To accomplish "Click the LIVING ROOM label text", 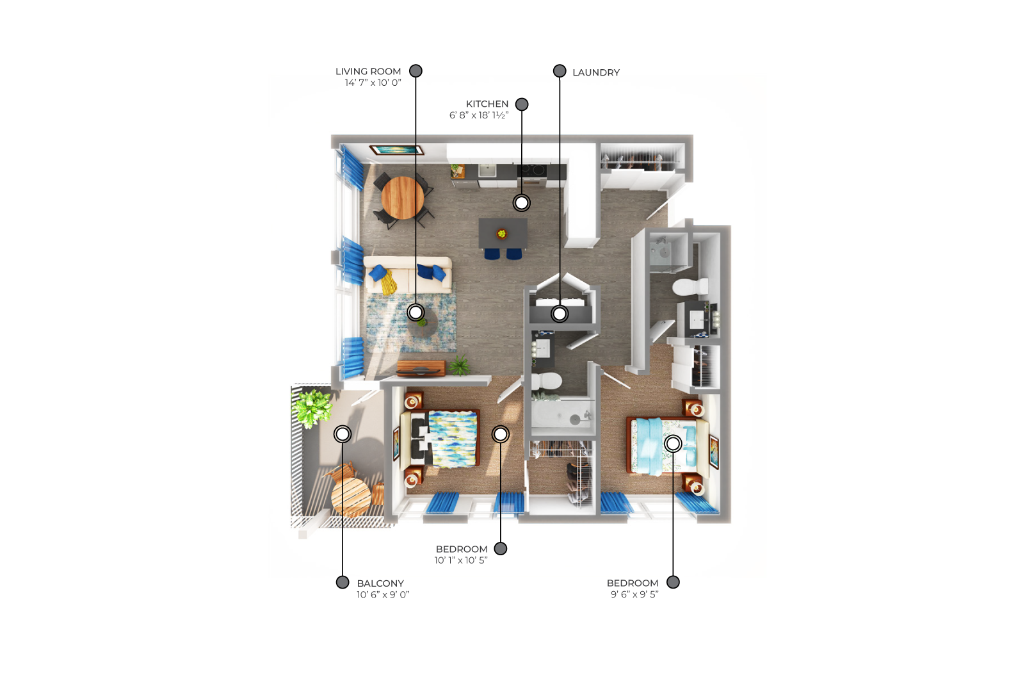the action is pyautogui.click(x=368, y=72).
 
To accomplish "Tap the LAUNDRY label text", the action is pyautogui.click(x=596, y=72).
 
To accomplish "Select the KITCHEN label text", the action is pyautogui.click(x=487, y=104).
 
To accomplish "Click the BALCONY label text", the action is pyautogui.click(x=380, y=583).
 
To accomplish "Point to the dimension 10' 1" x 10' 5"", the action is pyautogui.click(x=461, y=560).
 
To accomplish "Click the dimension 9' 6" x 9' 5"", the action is pyautogui.click(x=634, y=594).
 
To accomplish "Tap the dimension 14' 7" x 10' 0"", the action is pyautogui.click(x=373, y=83).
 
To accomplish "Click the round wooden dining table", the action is pyautogui.click(x=403, y=198).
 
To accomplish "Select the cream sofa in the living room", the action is pyautogui.click(x=408, y=275).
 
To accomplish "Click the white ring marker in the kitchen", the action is pyautogui.click(x=522, y=203).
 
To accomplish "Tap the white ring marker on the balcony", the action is pyautogui.click(x=343, y=434).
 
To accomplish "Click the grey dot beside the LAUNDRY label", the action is pyautogui.click(x=559, y=71).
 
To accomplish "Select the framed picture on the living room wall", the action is pyautogui.click(x=396, y=150).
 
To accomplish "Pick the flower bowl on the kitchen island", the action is pyautogui.click(x=502, y=234).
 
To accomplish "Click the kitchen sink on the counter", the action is pyautogui.click(x=487, y=171).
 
